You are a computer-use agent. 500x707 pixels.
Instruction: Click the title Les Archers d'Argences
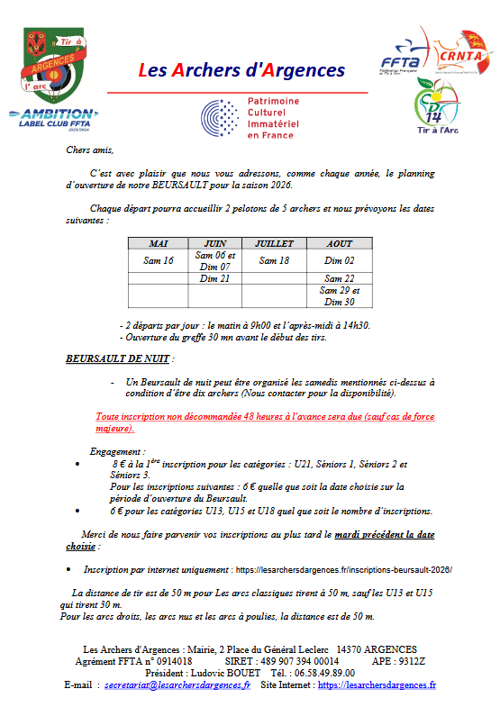pyautogui.click(x=241, y=69)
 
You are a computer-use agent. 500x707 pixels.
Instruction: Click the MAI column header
pyautogui.click(x=159, y=243)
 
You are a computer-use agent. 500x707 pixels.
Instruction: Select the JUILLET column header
pyautogui.click(x=274, y=243)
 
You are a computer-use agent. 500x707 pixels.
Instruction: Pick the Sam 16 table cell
pyautogui.click(x=159, y=260)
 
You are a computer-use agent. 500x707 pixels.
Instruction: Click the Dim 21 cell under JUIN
pyautogui.click(x=214, y=278)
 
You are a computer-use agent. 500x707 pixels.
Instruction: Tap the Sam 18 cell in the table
pyautogui.click(x=274, y=260)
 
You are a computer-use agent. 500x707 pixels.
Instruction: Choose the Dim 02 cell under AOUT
pyautogui.click(x=340, y=260)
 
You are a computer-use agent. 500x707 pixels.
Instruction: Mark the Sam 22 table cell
pyautogui.click(x=340, y=278)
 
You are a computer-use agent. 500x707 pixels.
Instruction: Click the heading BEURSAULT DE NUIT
pyautogui.click(x=117, y=358)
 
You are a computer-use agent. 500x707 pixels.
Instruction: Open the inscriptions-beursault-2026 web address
pyautogui.click(x=342, y=570)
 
